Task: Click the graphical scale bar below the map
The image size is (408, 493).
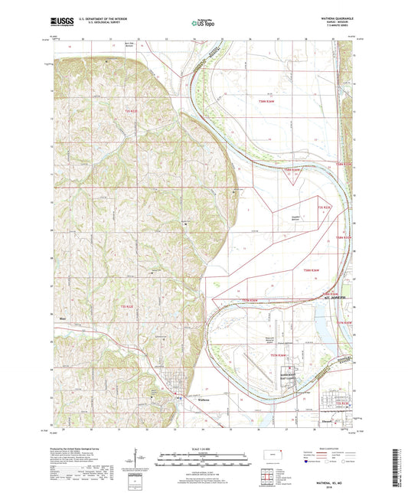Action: [x=204, y=457]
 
